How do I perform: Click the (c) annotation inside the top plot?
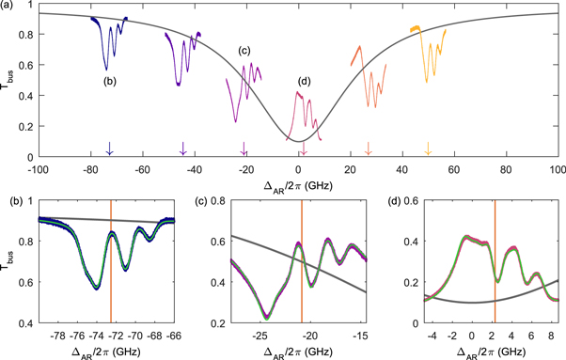point(244,51)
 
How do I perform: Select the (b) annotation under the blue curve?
point(110,81)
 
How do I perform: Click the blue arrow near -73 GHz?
point(109,149)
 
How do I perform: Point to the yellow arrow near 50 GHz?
point(428,149)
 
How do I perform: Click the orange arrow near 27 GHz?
point(368,149)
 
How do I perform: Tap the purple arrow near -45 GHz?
point(182,149)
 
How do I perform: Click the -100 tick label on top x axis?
point(38,169)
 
